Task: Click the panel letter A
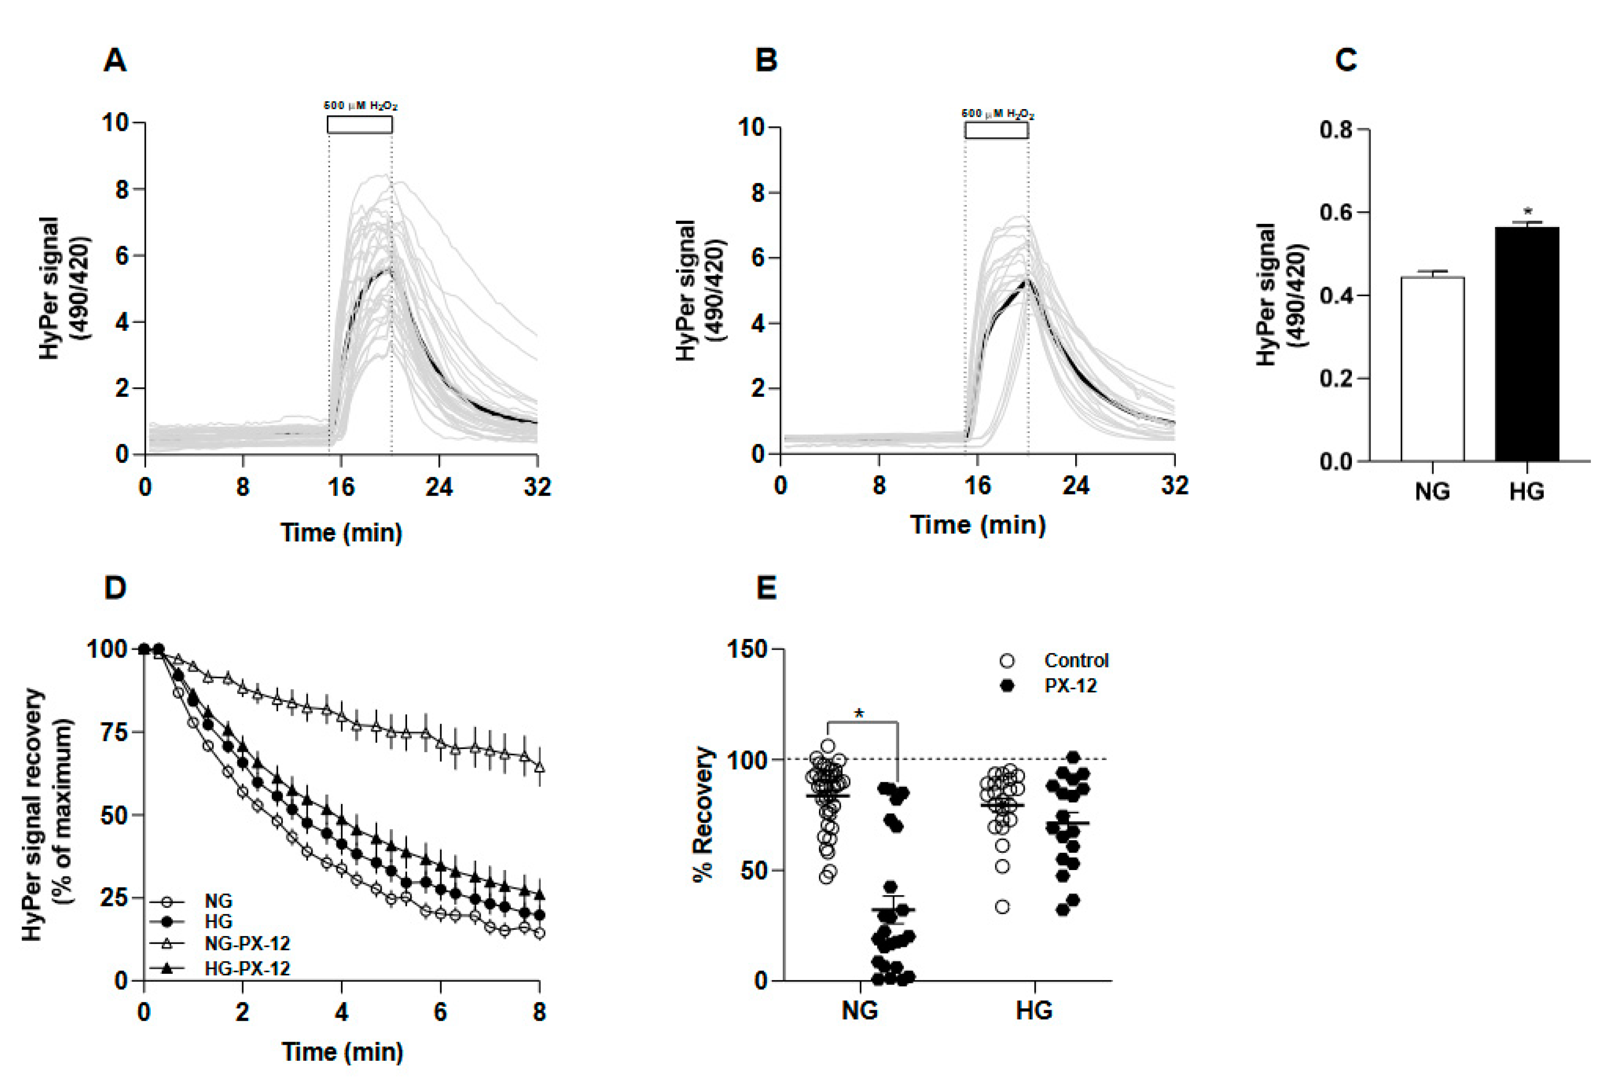coord(114,61)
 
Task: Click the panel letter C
coord(1346,61)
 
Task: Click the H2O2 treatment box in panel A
coord(360,124)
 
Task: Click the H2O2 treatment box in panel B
coord(996,130)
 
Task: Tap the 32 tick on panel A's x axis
coord(537,487)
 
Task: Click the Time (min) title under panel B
coord(978,525)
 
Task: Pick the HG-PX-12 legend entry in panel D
coord(247,968)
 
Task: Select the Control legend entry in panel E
coord(1076,660)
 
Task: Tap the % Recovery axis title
coord(704,814)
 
